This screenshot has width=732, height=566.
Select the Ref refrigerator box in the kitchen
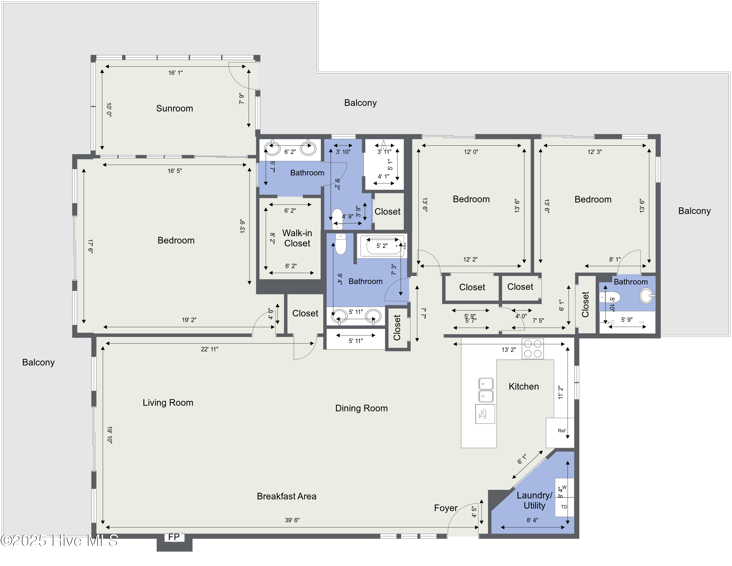point(561,431)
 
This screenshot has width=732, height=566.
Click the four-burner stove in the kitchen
point(533,349)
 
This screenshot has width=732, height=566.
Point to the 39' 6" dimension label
point(292,520)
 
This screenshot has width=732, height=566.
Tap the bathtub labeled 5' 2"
point(382,246)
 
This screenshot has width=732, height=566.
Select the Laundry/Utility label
point(534,500)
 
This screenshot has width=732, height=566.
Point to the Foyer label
point(446,508)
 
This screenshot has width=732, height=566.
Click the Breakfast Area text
point(286,496)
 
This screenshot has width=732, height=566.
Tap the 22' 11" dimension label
point(210,349)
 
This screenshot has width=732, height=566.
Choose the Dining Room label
point(361,408)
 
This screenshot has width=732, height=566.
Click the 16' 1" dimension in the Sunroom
point(175,73)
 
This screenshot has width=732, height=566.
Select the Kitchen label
point(524,386)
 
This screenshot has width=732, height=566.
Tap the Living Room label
point(168,403)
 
